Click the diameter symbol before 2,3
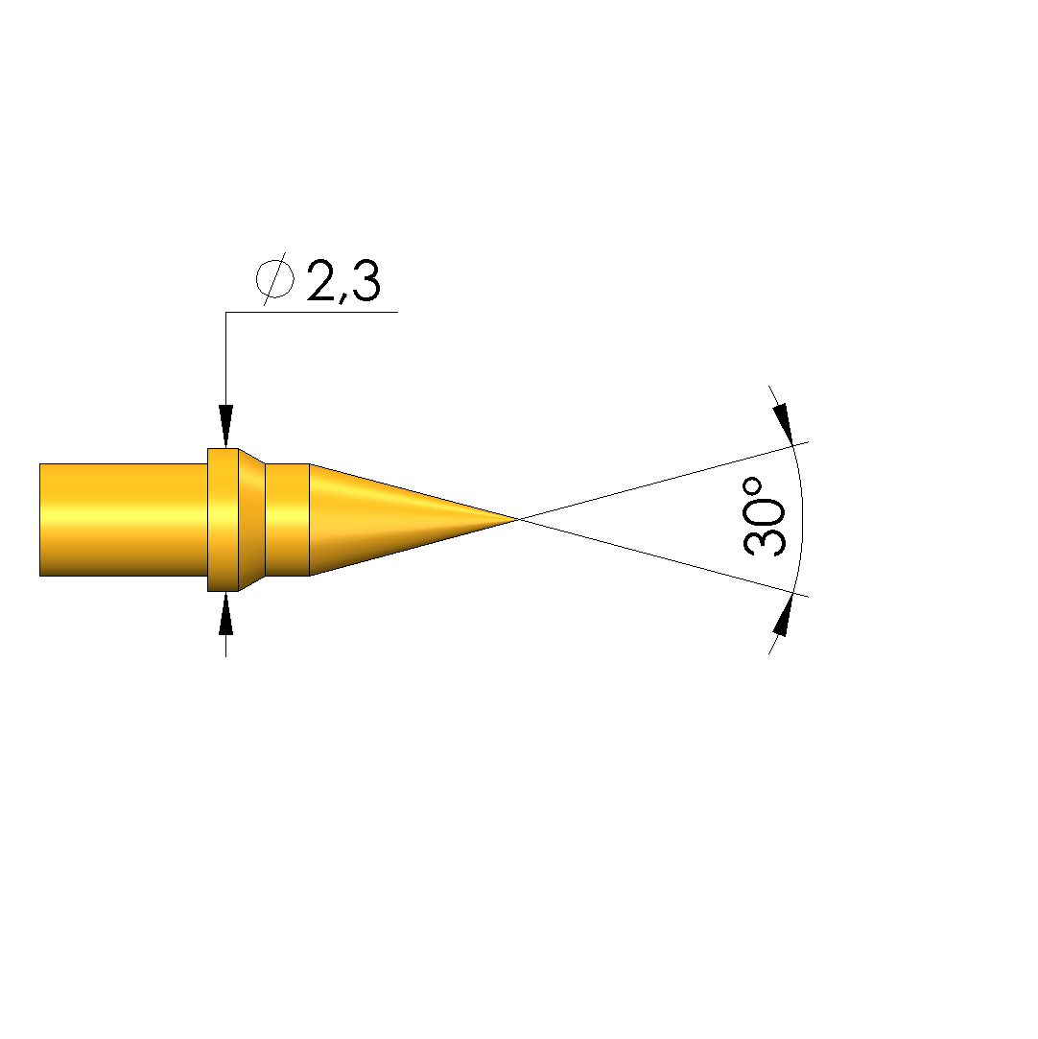(x=275, y=279)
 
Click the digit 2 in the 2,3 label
(x=322, y=281)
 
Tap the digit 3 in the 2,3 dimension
(x=366, y=281)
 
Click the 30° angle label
(x=765, y=516)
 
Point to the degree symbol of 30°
(x=752, y=487)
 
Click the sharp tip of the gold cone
(x=519, y=520)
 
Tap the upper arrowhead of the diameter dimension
(x=225, y=426)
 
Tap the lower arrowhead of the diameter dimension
(x=225, y=614)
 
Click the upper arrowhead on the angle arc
(x=783, y=423)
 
